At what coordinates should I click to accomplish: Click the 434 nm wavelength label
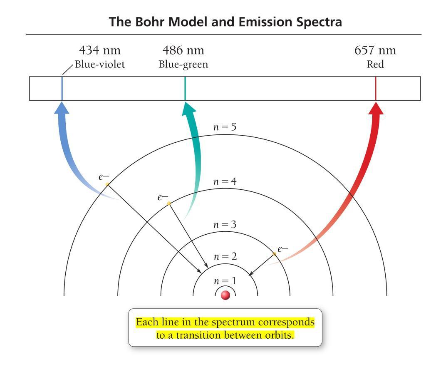[100, 50]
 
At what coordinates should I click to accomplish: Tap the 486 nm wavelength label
[183, 50]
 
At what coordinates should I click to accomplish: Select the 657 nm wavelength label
[375, 50]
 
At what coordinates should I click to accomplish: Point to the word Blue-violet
[100, 64]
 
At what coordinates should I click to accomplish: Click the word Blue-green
[183, 64]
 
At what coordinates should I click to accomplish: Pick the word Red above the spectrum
[375, 64]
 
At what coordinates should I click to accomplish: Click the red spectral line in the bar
[376, 88]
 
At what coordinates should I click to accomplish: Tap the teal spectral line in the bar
[185, 88]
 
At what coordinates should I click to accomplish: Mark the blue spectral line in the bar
[62, 88]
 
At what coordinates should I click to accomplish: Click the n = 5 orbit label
[225, 127]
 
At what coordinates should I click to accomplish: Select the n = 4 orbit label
[225, 181]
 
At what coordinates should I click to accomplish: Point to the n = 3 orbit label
[225, 225]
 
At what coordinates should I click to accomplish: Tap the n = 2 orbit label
[225, 256]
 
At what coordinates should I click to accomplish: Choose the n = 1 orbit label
[225, 281]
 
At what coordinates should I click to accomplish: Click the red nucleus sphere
[225, 295]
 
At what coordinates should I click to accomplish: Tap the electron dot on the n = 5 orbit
[107, 184]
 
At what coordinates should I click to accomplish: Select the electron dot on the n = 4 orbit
[168, 203]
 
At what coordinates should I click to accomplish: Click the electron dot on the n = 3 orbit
[274, 253]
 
